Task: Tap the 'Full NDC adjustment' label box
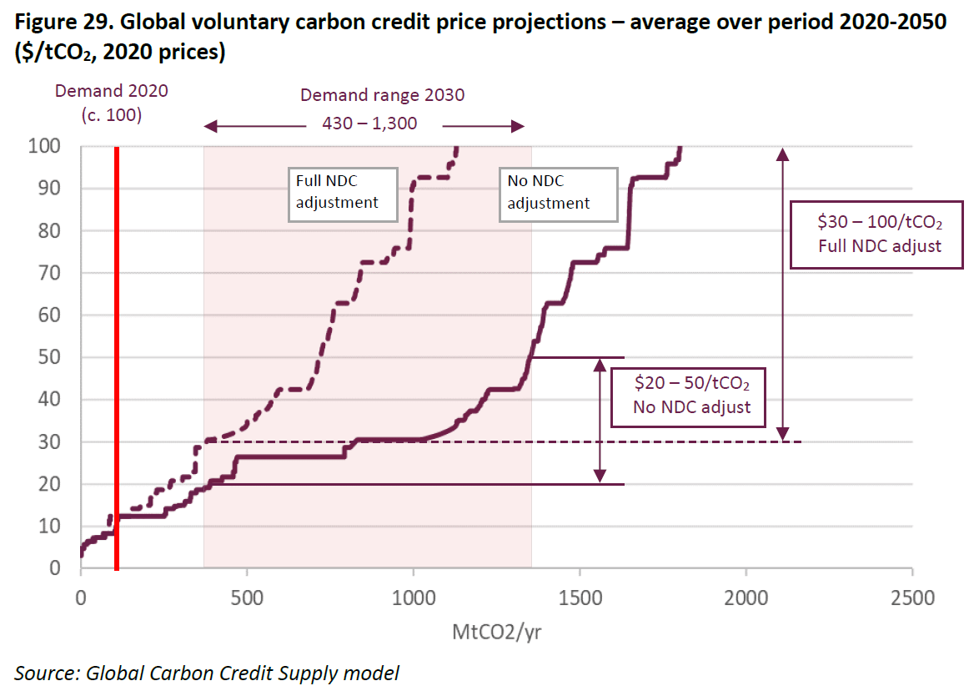click(x=342, y=194)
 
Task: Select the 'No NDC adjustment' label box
click(x=558, y=194)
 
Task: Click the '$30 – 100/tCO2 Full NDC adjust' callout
click(x=876, y=235)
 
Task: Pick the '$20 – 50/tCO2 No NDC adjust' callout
click(x=691, y=396)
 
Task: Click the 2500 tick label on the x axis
click(x=912, y=599)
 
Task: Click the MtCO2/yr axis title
click(x=497, y=632)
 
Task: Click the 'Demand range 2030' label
click(x=383, y=94)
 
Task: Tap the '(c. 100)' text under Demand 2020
click(x=112, y=115)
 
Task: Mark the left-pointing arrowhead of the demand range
click(x=209, y=126)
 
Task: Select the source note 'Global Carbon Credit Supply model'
click(x=243, y=673)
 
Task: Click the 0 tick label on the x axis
click(x=81, y=599)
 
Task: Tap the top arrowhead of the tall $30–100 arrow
click(x=781, y=152)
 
